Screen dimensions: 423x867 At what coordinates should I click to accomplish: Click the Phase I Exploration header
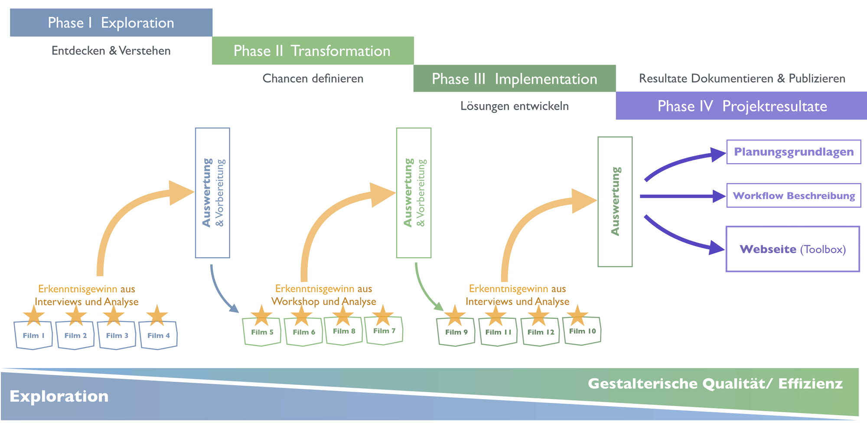(x=111, y=23)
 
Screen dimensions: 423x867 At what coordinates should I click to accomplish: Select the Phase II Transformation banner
(x=313, y=51)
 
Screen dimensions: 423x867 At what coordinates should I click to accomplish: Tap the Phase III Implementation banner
(x=515, y=79)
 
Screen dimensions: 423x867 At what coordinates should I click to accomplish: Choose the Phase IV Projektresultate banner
(x=741, y=106)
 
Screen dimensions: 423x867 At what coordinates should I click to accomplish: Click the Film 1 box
(x=33, y=335)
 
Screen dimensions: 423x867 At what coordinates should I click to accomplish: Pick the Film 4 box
(x=158, y=335)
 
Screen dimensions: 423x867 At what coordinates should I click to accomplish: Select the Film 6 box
(x=303, y=332)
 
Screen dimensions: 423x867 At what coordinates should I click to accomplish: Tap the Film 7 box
(x=384, y=331)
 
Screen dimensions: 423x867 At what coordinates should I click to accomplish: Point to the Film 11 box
(x=498, y=332)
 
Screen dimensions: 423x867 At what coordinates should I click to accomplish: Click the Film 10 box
(x=582, y=331)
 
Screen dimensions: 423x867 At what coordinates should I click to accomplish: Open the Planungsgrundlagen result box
(x=793, y=152)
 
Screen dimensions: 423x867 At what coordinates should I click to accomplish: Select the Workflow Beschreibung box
(x=793, y=196)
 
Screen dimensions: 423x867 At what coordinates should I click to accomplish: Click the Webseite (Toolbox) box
(x=792, y=249)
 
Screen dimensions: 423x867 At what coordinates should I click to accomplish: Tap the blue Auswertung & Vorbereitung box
(x=212, y=193)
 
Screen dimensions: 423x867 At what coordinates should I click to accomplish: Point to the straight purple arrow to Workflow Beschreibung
(x=681, y=196)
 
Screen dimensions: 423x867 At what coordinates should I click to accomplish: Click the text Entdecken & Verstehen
(x=111, y=51)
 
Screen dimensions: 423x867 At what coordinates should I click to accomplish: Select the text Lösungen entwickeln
(x=515, y=106)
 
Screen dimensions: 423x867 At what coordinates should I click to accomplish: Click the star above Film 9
(x=454, y=315)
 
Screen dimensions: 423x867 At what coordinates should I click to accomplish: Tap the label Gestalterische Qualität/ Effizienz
(x=715, y=384)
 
